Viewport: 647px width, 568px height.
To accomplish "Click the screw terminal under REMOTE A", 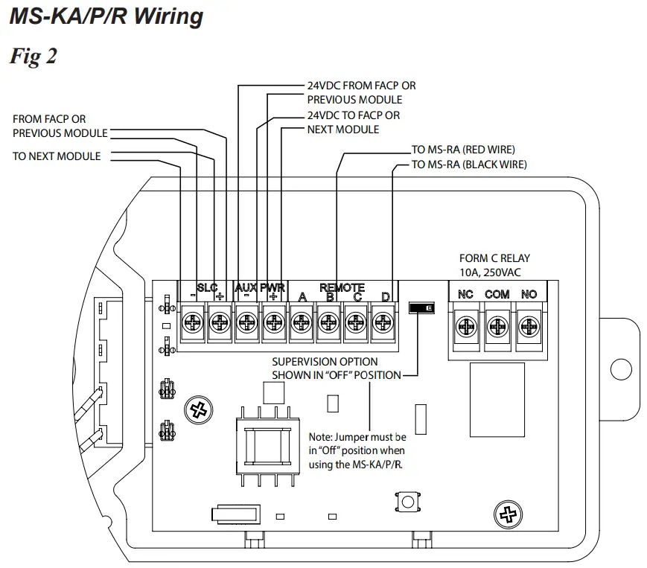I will (301, 322).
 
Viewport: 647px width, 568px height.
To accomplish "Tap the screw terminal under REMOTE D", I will (383, 322).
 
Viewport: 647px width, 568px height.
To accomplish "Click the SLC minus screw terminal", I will (193, 322).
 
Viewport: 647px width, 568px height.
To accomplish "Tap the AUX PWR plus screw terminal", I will (273, 322).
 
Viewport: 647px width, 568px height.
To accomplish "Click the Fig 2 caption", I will (33, 57).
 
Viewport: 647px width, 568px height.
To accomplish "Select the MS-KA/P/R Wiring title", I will (106, 16).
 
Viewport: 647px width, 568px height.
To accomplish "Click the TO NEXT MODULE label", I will (57, 156).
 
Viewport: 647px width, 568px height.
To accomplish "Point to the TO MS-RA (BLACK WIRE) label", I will (469, 165).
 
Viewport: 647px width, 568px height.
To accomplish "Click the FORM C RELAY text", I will (494, 258).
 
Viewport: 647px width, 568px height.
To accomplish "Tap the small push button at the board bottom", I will (408, 502).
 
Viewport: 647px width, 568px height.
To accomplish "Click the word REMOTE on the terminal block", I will (342, 287).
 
